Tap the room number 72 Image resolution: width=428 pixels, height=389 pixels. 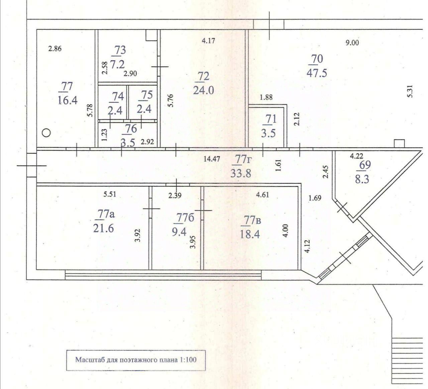[x=203, y=76]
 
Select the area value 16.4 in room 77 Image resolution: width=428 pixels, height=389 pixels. [x=68, y=100]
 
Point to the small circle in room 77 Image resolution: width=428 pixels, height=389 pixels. [x=46, y=133]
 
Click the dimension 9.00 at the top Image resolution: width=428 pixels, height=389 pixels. [x=352, y=43]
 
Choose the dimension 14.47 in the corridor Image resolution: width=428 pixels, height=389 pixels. [x=212, y=159]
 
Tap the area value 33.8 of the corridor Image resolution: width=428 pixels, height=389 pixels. [x=240, y=173]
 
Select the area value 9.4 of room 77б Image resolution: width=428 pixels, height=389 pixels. [x=179, y=231]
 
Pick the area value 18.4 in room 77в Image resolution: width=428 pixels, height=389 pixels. [x=250, y=234]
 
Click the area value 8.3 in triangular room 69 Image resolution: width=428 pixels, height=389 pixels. [x=362, y=179]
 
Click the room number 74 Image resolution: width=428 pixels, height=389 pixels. [x=118, y=96]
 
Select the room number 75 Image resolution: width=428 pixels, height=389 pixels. [x=146, y=95]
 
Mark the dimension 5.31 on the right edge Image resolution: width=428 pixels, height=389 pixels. [x=410, y=91]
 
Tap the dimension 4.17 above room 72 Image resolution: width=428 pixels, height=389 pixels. [x=208, y=41]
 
